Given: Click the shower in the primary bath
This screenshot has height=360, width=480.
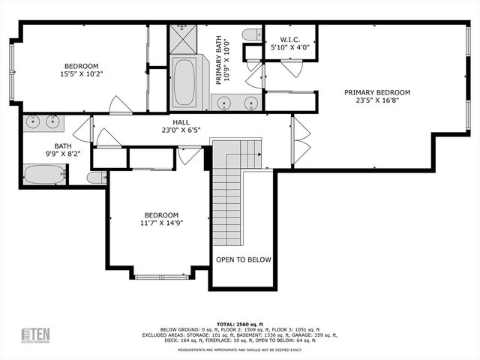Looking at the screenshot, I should pos(181,38).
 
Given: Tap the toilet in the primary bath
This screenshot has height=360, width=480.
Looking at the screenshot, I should pos(250,34).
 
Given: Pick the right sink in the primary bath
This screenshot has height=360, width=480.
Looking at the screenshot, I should pos(251,103).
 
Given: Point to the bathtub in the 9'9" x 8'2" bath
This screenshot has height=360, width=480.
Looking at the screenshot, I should pos(44,175).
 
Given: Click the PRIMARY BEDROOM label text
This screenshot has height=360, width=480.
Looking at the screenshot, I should pos(377,93).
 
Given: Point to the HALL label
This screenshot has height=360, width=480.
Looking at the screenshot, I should pos(181,122).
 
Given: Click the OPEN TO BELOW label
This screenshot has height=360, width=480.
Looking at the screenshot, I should pos(243,259).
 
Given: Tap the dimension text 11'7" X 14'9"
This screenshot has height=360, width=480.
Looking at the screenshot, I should pos(163,222).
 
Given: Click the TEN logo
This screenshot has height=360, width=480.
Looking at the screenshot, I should pos(35,334).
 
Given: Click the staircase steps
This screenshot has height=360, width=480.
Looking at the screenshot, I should pos(229,202).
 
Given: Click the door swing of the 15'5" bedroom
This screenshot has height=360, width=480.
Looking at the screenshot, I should pos(120,106).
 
